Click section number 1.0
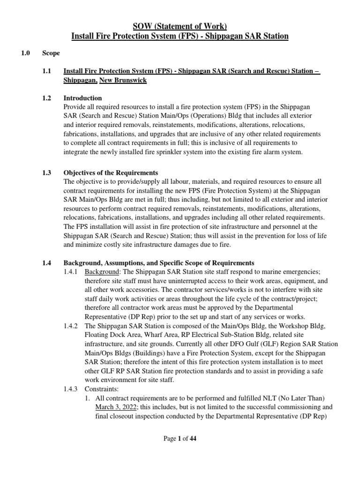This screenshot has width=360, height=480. click(x=25, y=53)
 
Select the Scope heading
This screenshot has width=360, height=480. click(x=51, y=53)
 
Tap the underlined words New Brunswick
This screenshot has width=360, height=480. click(x=123, y=80)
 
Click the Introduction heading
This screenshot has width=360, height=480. click(x=82, y=98)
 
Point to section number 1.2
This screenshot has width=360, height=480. click(x=46, y=98)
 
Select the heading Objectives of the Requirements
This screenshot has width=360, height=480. click(x=111, y=173)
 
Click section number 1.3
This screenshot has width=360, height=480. click(x=46, y=173)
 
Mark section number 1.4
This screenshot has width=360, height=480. click(x=46, y=263)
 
